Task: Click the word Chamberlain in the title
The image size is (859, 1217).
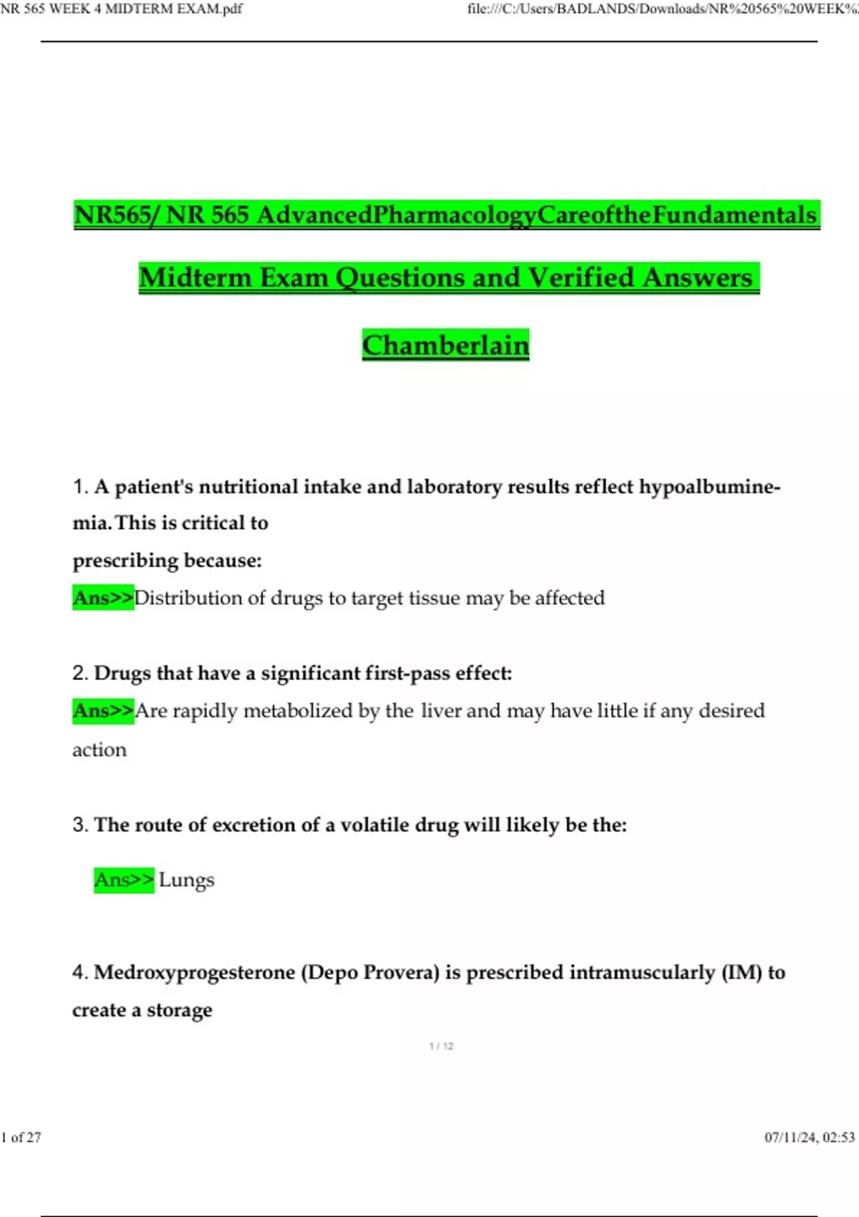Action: click(x=445, y=345)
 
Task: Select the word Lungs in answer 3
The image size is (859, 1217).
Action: click(x=186, y=880)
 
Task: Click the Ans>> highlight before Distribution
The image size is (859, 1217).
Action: click(x=103, y=598)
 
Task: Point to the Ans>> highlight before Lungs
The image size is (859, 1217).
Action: click(x=124, y=880)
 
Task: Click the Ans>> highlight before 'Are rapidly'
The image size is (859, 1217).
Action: click(x=103, y=711)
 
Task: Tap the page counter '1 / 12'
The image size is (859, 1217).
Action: click(x=441, y=1046)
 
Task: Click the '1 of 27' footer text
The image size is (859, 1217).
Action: click(x=21, y=1137)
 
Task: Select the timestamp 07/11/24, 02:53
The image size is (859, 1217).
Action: click(x=810, y=1137)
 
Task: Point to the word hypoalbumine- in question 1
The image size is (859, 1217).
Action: click(x=709, y=487)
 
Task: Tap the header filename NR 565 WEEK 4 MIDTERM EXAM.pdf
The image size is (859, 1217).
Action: click(x=122, y=9)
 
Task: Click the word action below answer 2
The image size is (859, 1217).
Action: click(x=99, y=750)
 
